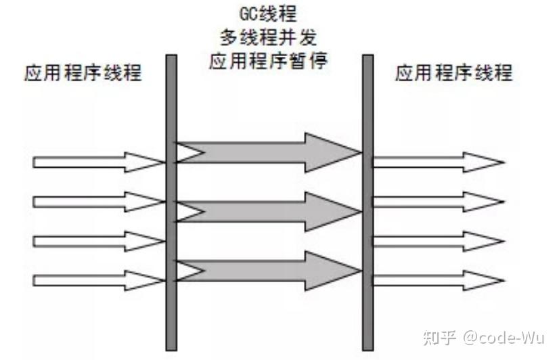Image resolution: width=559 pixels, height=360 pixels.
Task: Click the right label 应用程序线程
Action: pyautogui.click(x=453, y=73)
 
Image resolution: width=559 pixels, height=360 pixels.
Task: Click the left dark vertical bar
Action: pyautogui.click(x=171, y=203)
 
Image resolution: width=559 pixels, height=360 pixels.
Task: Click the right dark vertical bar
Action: pyautogui.click(x=367, y=203)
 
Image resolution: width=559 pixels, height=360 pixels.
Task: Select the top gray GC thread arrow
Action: pyautogui.click(x=271, y=153)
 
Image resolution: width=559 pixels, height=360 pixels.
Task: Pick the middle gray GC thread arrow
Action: pyautogui.click(x=271, y=212)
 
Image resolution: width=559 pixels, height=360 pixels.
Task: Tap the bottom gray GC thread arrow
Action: pyautogui.click(x=271, y=270)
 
